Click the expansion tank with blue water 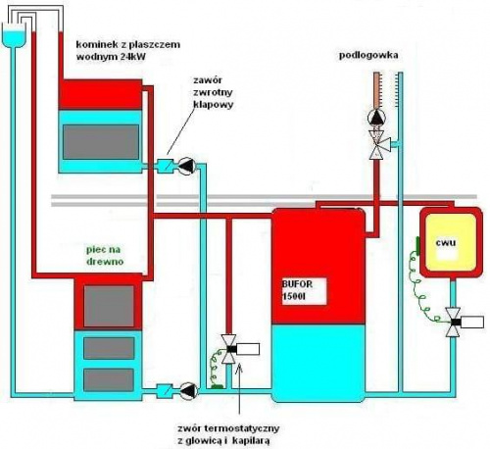[14, 35]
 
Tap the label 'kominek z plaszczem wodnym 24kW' [128, 50]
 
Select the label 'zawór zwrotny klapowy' [213, 92]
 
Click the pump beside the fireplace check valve [187, 166]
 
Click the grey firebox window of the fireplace [101, 142]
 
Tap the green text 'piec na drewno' [105, 256]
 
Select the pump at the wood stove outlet [189, 390]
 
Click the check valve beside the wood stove [165, 390]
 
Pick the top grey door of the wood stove [109, 306]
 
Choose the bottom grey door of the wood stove [109, 379]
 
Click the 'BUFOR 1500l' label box [304, 291]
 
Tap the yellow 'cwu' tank [451, 242]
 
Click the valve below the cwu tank [454, 322]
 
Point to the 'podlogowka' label [368, 55]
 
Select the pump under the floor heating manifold [376, 118]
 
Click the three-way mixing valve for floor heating [378, 144]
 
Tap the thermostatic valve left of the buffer [229, 349]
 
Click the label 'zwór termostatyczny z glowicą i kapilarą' [228, 434]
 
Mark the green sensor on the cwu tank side [417, 246]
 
